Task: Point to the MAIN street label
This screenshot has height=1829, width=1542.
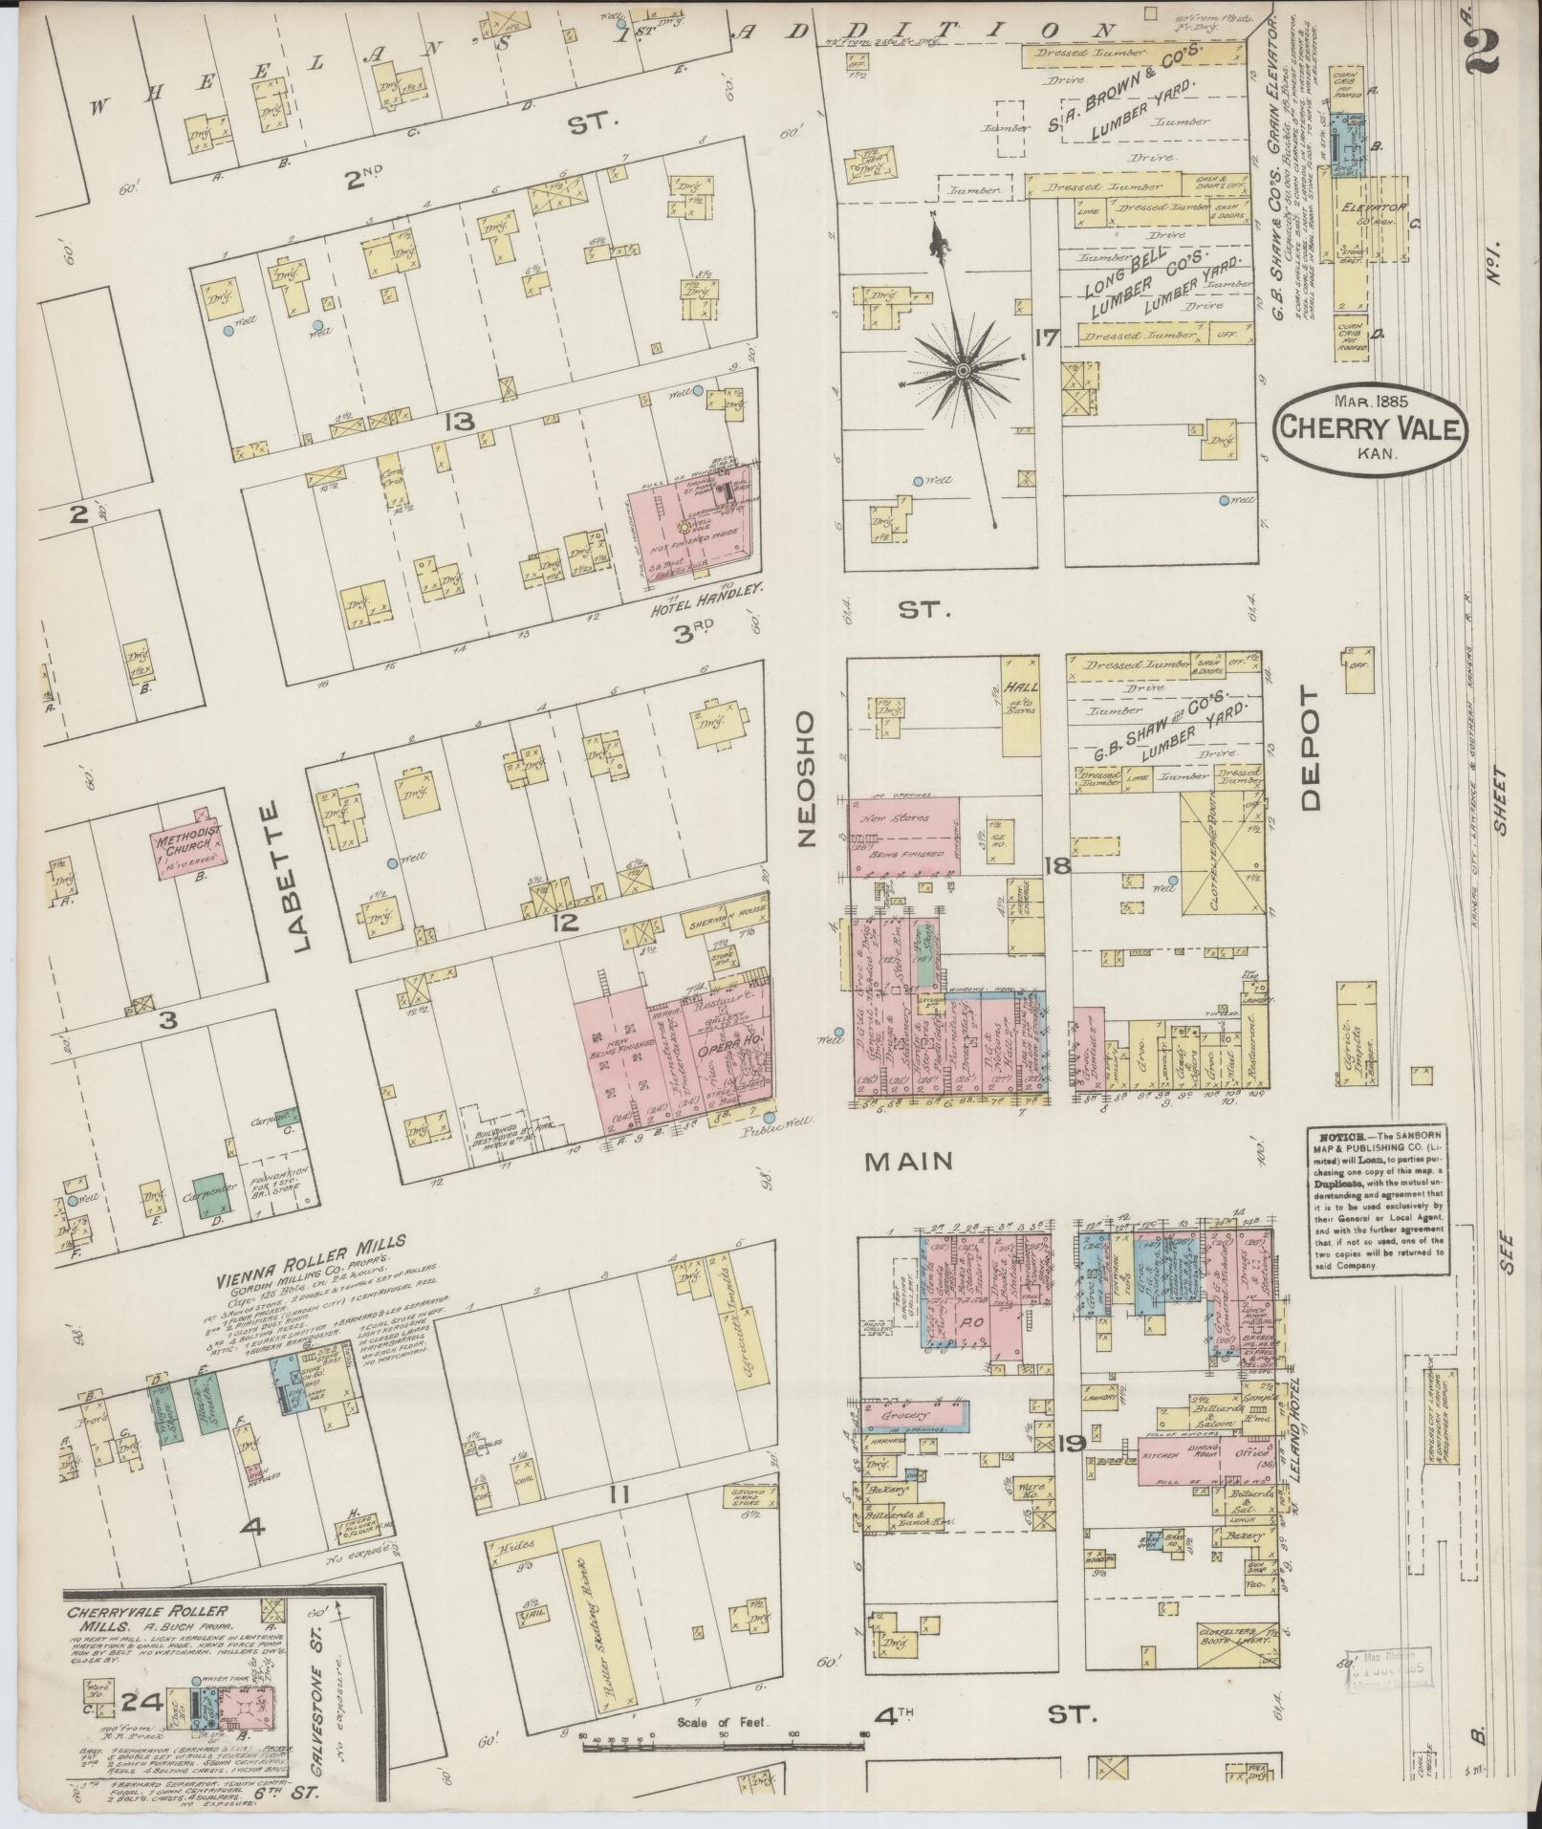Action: [908, 1161]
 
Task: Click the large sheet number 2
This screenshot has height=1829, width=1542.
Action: [1482, 43]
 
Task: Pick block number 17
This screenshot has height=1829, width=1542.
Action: [1046, 337]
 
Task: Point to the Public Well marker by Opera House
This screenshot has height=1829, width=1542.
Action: [770, 1117]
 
